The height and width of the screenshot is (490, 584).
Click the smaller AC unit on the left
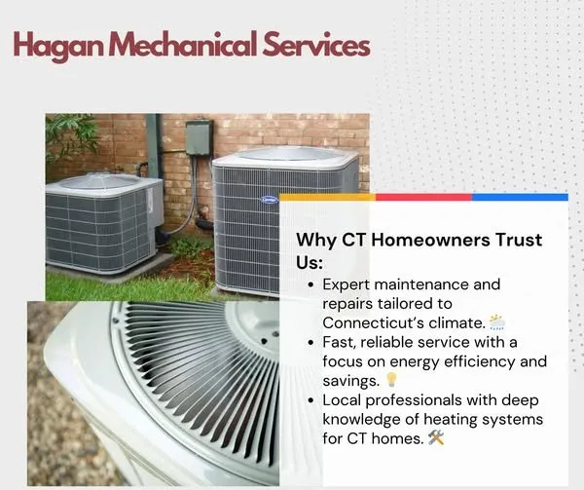tap(97, 220)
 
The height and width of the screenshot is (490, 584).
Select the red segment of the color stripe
tap(423, 197)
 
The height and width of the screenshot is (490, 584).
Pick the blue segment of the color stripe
tap(520, 197)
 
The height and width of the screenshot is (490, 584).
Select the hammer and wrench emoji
tap(436, 438)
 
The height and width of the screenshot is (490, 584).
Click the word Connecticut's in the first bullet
tap(374, 321)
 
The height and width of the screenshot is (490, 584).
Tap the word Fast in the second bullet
tap(337, 342)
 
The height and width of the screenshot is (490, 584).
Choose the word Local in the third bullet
tap(342, 399)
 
